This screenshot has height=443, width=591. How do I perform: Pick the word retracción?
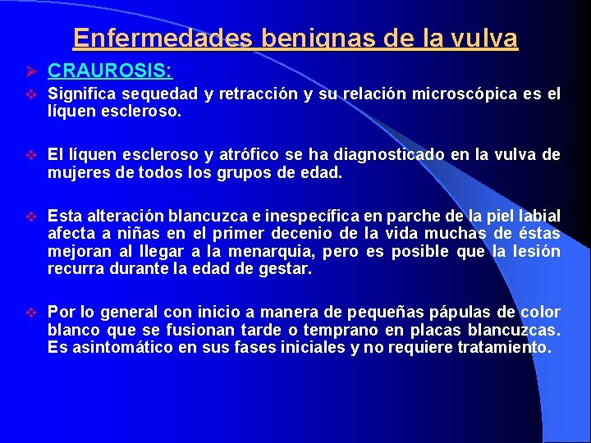pos(254,94)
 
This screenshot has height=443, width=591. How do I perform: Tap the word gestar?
pos(286,269)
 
